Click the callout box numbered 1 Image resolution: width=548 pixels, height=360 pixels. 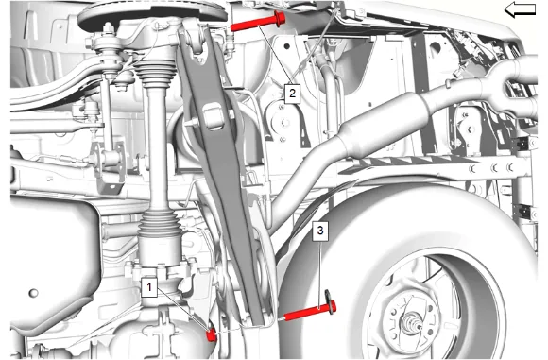[x=149, y=287]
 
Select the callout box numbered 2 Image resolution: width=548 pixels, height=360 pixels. [x=292, y=94]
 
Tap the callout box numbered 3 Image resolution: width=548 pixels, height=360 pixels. [x=320, y=231]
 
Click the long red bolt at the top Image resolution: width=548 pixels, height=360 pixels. [x=258, y=22]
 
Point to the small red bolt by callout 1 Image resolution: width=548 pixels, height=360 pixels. [x=211, y=335]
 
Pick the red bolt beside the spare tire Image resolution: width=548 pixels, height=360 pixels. [x=311, y=311]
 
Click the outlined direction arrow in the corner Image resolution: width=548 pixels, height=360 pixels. [x=520, y=9]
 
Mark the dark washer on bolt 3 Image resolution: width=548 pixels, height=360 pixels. [x=329, y=302]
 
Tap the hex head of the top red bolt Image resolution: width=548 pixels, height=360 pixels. [x=280, y=18]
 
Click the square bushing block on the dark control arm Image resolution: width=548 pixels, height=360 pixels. [x=213, y=116]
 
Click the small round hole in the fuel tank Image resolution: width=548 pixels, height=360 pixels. [x=33, y=293]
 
